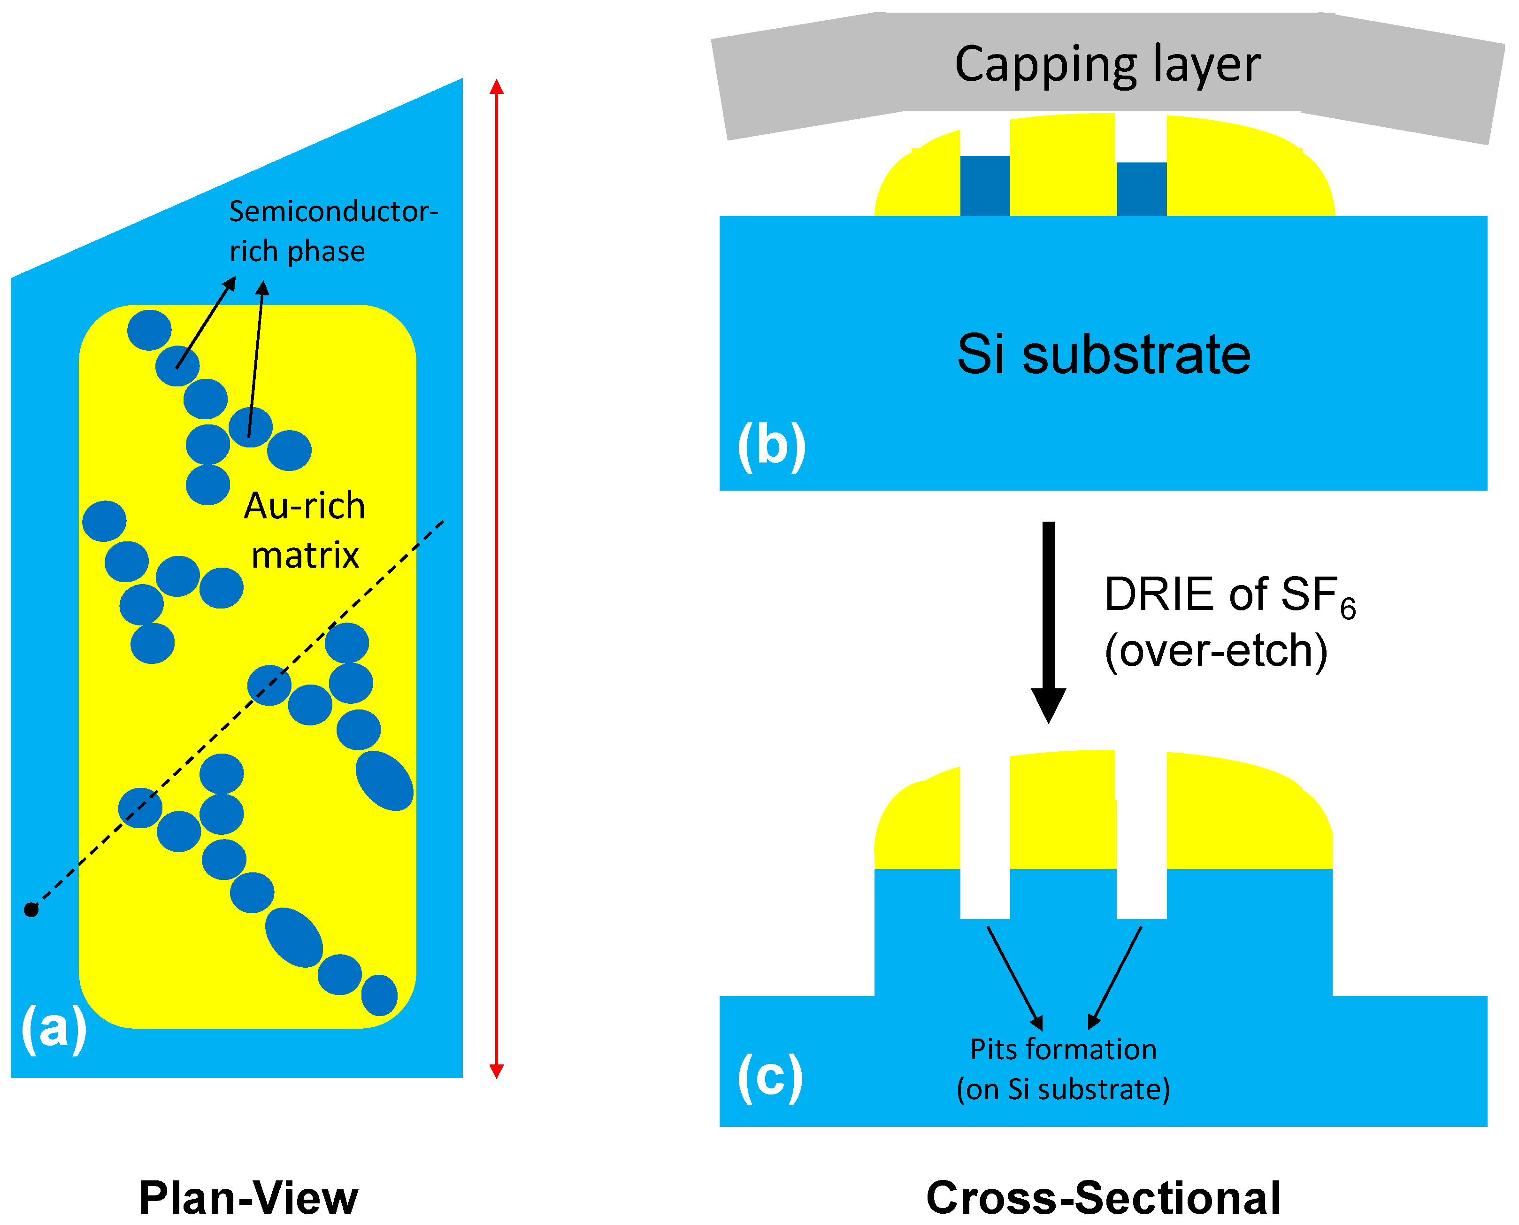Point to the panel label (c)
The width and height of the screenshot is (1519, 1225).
[770, 1078]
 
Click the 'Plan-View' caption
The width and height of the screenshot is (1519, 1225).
[248, 1198]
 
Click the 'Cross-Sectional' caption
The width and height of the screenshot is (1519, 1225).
[1103, 1198]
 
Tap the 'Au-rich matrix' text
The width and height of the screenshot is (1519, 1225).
[305, 531]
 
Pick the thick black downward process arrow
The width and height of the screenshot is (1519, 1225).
[1048, 621]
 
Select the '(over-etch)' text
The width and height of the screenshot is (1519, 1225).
[1215, 651]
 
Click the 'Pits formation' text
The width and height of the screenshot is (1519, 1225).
[1063, 1049]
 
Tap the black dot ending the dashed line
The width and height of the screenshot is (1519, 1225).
[31, 910]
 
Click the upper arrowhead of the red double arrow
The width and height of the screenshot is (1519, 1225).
[497, 87]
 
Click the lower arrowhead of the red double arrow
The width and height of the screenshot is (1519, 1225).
[497, 1071]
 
